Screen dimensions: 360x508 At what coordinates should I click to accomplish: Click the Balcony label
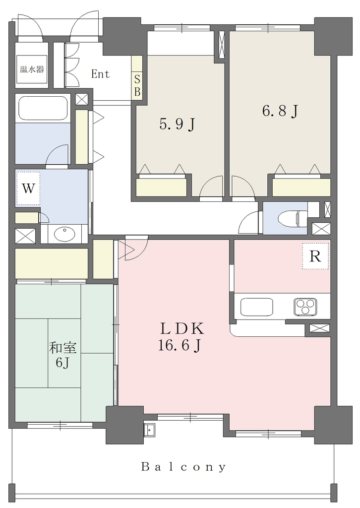tap(183, 467)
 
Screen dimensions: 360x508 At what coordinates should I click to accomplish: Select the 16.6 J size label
tap(179, 346)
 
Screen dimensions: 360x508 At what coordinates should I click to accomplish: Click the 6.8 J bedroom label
tap(280, 112)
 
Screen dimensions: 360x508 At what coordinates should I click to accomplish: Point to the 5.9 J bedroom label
tap(178, 124)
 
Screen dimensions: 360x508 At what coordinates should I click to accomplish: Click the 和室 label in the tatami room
tap(62, 348)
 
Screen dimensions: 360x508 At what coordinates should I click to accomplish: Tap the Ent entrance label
tap(100, 74)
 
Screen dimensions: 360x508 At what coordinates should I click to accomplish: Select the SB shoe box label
tap(137, 85)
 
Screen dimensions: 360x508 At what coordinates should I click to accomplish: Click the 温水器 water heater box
tap(32, 69)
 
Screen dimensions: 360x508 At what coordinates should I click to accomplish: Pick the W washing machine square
tap(28, 188)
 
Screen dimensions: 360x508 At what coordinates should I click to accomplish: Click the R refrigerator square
tap(315, 256)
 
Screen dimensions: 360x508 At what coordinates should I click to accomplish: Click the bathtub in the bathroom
tap(43, 109)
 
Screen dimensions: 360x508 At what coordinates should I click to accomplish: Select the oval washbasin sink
tap(64, 234)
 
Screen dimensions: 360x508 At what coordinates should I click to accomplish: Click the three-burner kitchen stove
tap(305, 306)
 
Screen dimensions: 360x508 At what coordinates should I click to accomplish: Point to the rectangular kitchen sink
tap(256, 307)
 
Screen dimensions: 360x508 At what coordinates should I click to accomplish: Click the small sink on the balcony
tap(150, 430)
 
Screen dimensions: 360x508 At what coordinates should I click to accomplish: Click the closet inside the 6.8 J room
tap(301, 187)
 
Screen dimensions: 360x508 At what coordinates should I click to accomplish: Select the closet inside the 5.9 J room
tap(161, 187)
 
